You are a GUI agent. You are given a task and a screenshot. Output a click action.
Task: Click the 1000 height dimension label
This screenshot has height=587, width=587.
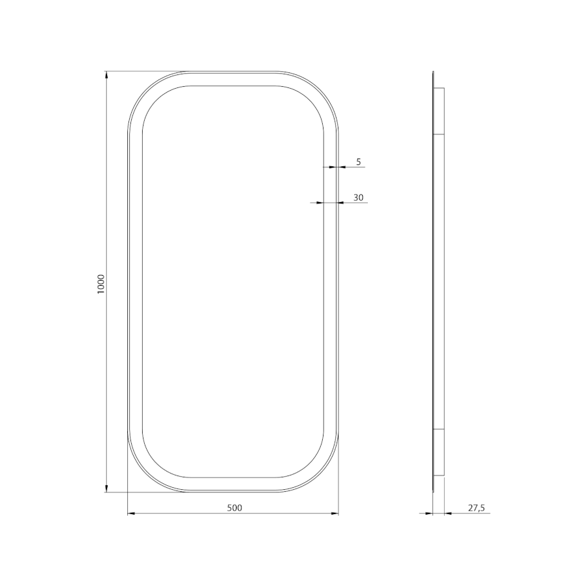[x=101, y=284]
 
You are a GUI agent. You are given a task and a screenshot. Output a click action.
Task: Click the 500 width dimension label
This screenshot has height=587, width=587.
[x=235, y=507]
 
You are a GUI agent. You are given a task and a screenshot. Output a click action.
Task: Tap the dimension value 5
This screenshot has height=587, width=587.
[x=358, y=162]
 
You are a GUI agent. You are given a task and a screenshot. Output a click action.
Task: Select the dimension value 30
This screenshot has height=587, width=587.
[x=358, y=198]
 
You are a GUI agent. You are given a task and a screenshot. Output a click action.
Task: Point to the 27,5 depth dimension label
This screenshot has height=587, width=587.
[x=476, y=507]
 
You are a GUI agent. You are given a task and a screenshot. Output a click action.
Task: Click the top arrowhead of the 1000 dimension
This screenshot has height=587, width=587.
[x=107, y=75]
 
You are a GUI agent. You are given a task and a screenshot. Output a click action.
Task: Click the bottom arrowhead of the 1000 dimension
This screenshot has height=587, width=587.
[x=107, y=489]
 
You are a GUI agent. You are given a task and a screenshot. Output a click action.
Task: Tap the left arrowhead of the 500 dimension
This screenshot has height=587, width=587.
[x=131, y=514]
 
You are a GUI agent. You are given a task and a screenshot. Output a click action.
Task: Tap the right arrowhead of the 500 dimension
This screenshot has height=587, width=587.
[x=335, y=514]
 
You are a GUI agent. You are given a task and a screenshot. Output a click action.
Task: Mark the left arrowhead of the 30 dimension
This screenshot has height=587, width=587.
[x=320, y=203]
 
